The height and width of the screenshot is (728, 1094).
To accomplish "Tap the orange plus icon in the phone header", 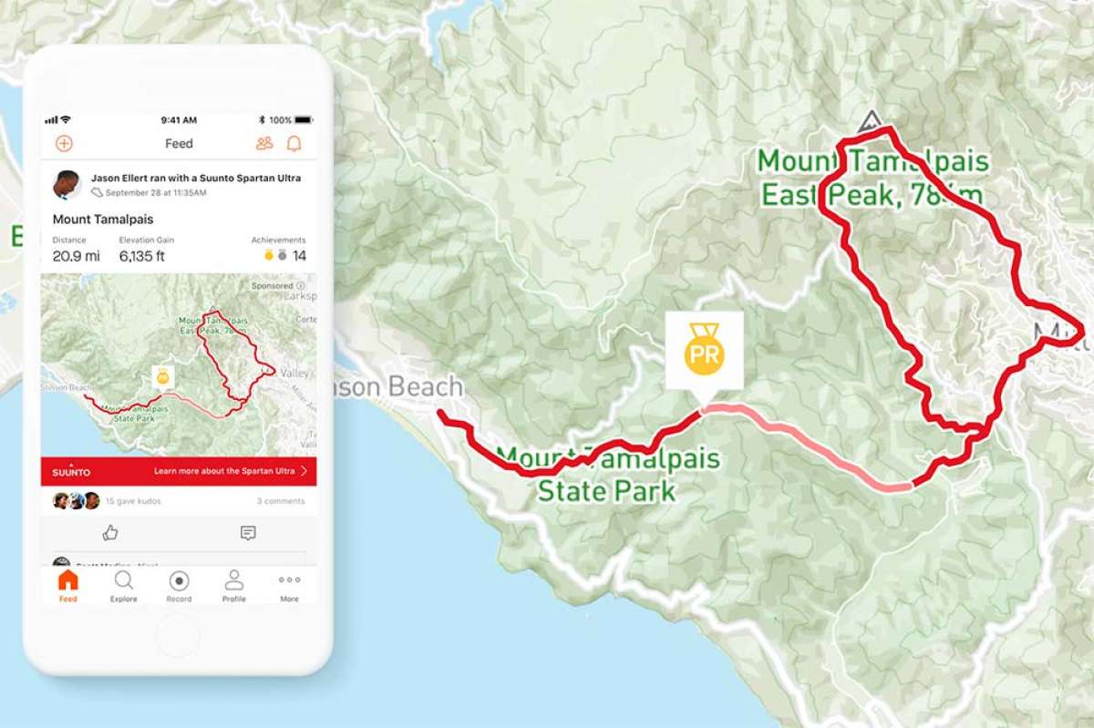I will (x=64, y=143).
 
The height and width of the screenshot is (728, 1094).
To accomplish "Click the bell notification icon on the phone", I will (x=294, y=143).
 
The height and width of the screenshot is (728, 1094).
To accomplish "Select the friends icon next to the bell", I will (x=264, y=143).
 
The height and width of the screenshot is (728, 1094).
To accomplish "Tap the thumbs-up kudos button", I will (x=110, y=533).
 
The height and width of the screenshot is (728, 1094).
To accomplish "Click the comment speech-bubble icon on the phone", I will (x=248, y=533).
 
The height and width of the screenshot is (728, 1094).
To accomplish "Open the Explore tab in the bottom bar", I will (x=123, y=585).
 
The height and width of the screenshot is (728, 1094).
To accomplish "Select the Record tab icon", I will (x=179, y=585).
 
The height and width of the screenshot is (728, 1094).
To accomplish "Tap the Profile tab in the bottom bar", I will (x=233, y=585).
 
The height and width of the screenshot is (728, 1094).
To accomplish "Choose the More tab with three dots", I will (x=289, y=585).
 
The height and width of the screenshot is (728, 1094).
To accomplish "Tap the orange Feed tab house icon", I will (x=67, y=585).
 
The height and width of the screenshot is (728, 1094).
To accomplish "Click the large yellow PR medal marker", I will (x=704, y=351).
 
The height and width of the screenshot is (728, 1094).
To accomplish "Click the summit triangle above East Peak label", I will (x=870, y=121).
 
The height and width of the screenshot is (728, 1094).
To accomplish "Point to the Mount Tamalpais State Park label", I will (x=607, y=474).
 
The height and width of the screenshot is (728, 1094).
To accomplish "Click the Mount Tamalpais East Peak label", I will (x=872, y=178).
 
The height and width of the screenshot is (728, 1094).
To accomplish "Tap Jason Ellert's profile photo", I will (x=67, y=184).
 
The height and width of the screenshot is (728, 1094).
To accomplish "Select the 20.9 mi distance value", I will (x=76, y=256).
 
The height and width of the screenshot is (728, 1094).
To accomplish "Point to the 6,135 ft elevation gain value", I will (x=141, y=256).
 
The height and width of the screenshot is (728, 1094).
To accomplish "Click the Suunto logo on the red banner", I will (x=71, y=471).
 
